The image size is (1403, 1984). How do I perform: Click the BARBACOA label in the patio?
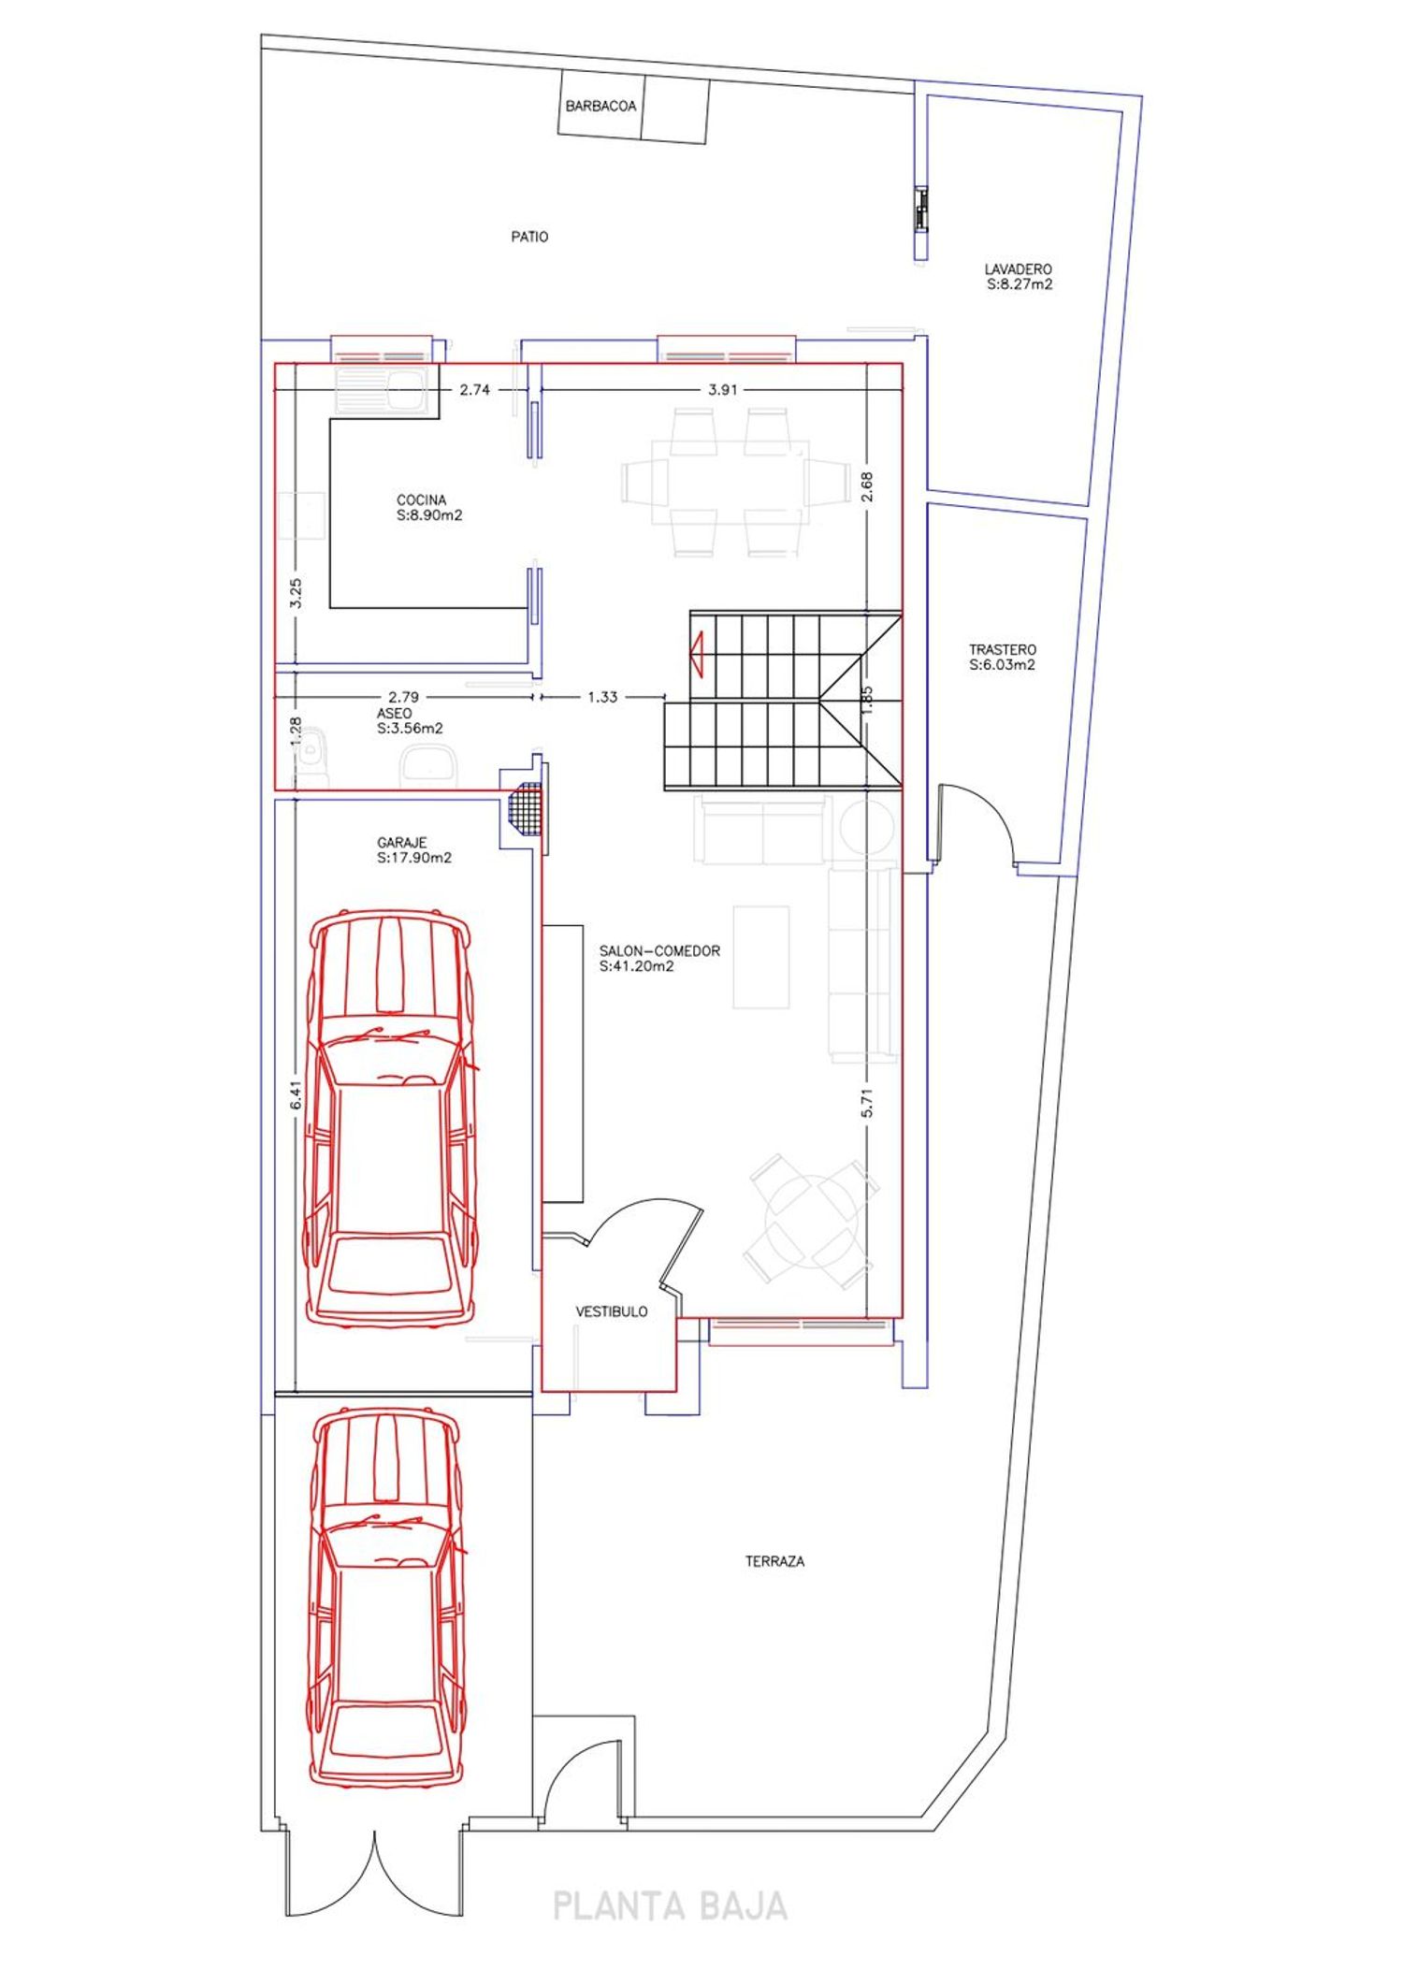(x=600, y=107)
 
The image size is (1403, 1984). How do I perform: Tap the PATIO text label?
(x=529, y=237)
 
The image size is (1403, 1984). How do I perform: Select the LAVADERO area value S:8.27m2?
(x=1019, y=284)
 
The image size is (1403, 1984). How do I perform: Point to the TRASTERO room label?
(x=1003, y=649)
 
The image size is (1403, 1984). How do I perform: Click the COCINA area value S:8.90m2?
(x=429, y=515)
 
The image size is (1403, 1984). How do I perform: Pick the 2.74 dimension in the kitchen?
(x=475, y=389)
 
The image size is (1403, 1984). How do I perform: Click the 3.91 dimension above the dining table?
(x=722, y=389)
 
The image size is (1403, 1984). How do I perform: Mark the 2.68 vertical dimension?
(x=866, y=485)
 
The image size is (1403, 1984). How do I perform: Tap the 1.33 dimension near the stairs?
(x=602, y=697)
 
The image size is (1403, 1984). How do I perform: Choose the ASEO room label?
(x=394, y=714)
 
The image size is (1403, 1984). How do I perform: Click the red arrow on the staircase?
(x=696, y=652)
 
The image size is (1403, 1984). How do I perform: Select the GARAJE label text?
(x=402, y=843)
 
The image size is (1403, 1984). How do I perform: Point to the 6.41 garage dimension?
(x=296, y=1095)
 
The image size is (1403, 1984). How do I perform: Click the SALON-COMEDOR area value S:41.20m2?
(x=637, y=966)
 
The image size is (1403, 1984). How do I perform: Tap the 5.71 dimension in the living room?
(x=867, y=1102)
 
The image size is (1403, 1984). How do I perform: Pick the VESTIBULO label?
(x=612, y=1312)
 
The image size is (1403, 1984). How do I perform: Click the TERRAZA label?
(x=774, y=1561)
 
